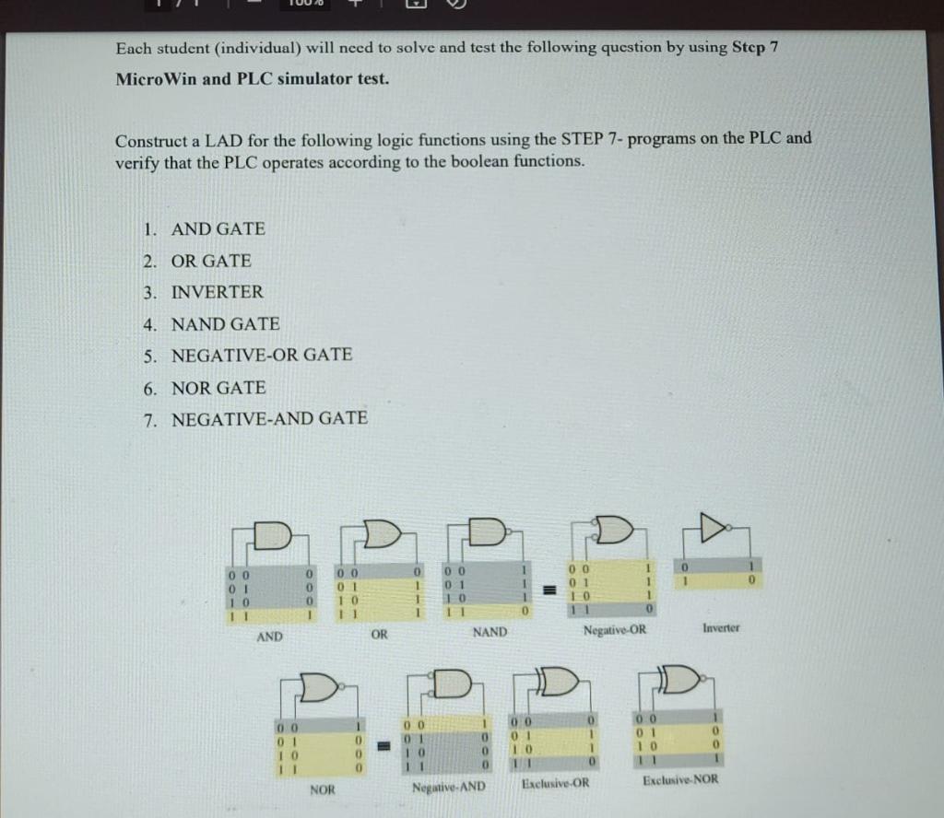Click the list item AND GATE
[218, 228]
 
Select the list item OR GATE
[211, 261]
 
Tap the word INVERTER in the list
[217, 292]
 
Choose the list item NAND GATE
[225, 323]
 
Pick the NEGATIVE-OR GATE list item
[262, 355]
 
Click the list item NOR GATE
[218, 387]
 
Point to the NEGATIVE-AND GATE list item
[269, 418]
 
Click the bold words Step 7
[747, 47]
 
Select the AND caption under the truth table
[269, 637]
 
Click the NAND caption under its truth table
[490, 632]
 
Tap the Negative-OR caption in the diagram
[615, 630]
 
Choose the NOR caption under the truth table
[323, 789]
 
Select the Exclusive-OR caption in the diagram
[555, 783]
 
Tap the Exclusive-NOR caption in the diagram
[680, 780]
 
